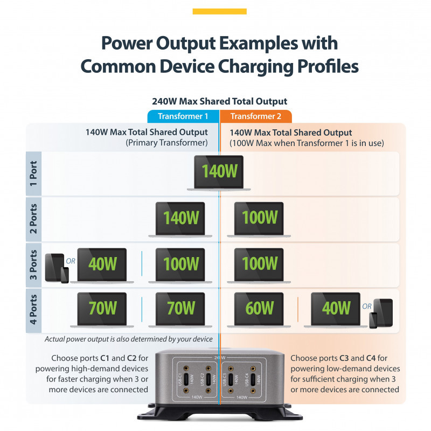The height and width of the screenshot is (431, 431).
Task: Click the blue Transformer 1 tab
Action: pyautogui.click(x=183, y=116)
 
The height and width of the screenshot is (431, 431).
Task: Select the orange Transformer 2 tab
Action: pyautogui.click(x=256, y=116)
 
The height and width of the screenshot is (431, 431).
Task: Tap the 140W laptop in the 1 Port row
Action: pyautogui.click(x=219, y=172)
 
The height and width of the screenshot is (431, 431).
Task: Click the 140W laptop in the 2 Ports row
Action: pyautogui.click(x=180, y=218)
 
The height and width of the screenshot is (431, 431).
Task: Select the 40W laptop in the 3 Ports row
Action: pyautogui.click(x=102, y=265)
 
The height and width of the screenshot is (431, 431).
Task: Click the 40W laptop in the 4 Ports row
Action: pyautogui.click(x=335, y=309)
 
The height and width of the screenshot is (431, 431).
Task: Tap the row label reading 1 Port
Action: pyautogui.click(x=33, y=173)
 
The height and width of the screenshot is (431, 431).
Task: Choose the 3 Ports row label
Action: pyautogui.click(x=33, y=265)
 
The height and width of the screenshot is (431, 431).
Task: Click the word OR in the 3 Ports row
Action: pyautogui.click(x=70, y=261)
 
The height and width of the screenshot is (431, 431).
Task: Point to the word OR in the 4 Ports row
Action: pyautogui.click(x=367, y=307)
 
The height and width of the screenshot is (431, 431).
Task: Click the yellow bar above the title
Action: pyautogui.click(x=219, y=11)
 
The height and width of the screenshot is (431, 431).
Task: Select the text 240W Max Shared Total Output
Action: pyautogui.click(x=219, y=101)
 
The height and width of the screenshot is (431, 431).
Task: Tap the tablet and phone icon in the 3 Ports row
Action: pyautogui.click(x=56, y=268)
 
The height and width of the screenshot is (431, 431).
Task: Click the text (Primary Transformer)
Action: pyautogui.click(x=166, y=143)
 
